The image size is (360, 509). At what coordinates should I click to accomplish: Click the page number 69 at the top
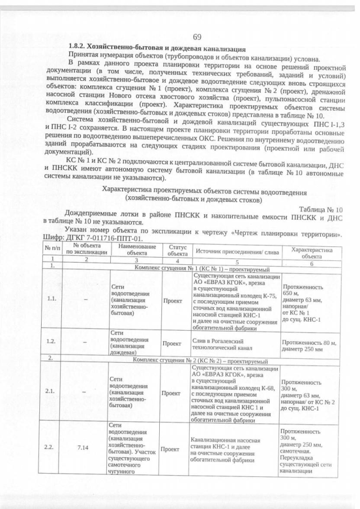(197, 37)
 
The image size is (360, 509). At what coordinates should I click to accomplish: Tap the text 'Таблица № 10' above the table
(322, 209)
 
